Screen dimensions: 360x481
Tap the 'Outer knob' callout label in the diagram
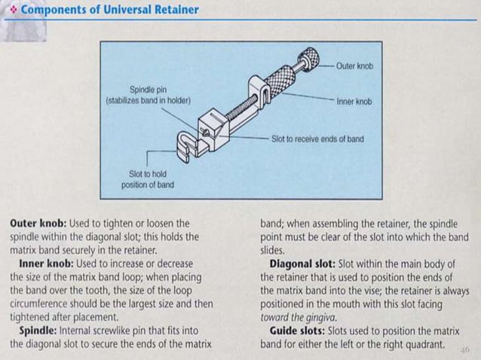(354, 66)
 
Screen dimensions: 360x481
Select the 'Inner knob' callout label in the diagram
(354, 101)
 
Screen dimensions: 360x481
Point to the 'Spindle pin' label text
(149, 90)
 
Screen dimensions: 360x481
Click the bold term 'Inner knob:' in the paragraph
(51, 264)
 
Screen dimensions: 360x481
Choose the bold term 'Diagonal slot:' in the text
(301, 264)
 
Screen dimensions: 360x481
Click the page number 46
(464, 349)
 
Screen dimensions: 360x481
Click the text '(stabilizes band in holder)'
(149, 99)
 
